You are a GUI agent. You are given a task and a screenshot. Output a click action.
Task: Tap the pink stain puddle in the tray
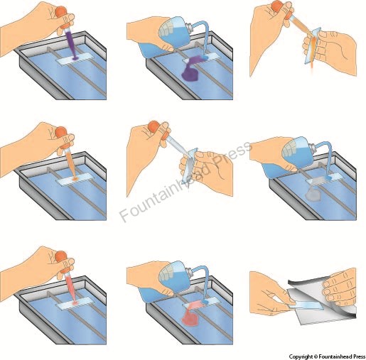[x=190, y=318]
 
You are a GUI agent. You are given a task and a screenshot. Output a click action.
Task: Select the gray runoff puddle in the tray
[x=313, y=194]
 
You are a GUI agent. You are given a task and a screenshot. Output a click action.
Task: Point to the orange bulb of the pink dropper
[x=62, y=257]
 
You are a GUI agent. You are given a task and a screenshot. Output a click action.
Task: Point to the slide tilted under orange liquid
[x=313, y=45]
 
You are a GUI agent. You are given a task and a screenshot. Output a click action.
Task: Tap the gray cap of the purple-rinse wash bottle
[x=189, y=26]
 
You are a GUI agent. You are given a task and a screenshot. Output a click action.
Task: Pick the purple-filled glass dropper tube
[x=70, y=41]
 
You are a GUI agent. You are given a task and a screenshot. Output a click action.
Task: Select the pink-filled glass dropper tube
[x=71, y=285]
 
